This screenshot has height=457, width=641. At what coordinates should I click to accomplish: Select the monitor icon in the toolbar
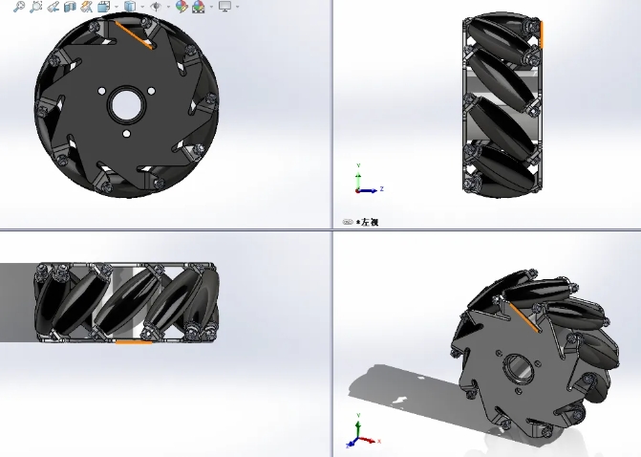[x=224, y=7]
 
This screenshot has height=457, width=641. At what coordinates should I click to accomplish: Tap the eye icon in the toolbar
[x=155, y=7]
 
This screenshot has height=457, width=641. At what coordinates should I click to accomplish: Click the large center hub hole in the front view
[x=126, y=104]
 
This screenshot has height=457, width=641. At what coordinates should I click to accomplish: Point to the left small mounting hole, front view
[x=100, y=91]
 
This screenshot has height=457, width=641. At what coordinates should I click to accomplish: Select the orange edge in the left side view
[x=541, y=34]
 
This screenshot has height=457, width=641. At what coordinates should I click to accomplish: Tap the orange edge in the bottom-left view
[x=134, y=340]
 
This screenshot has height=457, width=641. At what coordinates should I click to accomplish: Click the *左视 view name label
[x=368, y=222]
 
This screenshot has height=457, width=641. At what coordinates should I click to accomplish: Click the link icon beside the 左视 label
[x=348, y=222]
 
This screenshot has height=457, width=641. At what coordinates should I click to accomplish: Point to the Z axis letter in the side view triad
[x=381, y=188]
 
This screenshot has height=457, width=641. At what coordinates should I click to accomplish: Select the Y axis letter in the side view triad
[x=358, y=165]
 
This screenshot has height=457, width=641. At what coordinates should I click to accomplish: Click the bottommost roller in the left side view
[x=502, y=171]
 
